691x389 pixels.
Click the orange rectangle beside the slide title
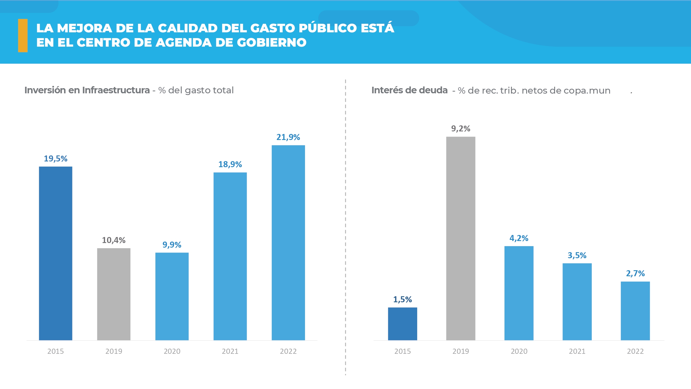[23, 35]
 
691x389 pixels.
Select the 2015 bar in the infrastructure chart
[56, 253]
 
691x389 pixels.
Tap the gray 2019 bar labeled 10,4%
[114, 294]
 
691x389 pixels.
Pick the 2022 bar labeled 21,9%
[288, 243]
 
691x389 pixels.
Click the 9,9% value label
[172, 245]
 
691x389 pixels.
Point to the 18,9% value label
[230, 164]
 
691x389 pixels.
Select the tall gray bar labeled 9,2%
[461, 238]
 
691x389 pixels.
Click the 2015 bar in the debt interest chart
[402, 324]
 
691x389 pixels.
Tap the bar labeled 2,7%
[635, 311]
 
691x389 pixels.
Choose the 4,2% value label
[519, 238]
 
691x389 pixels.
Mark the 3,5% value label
[577, 255]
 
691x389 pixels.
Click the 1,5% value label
[402, 299]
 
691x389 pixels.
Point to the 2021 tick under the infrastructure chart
[230, 351]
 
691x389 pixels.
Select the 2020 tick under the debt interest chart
[519, 351]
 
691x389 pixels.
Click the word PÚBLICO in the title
[328, 28]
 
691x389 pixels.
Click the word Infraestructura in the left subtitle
[116, 90]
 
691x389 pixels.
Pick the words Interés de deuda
[409, 90]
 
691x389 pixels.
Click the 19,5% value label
[56, 159]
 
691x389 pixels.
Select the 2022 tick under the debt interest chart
[635, 351]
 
